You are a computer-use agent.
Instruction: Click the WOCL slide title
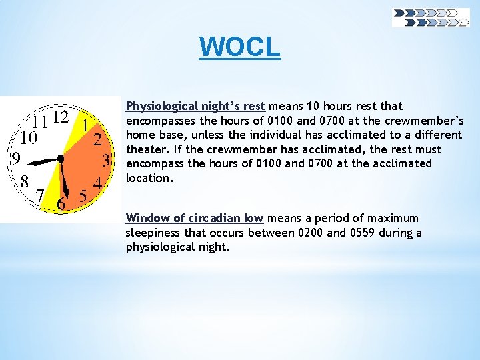click(240, 47)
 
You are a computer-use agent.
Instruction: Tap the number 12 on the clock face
click(61, 117)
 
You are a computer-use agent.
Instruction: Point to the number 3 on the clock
click(105, 161)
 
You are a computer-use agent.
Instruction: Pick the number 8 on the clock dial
click(24, 181)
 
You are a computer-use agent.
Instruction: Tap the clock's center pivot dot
click(61, 159)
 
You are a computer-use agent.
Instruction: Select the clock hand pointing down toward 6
click(63, 180)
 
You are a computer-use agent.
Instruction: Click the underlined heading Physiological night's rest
click(195, 106)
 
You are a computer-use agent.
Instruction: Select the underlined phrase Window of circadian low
click(195, 218)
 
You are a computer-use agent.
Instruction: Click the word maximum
click(394, 218)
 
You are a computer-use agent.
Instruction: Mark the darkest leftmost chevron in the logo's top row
click(400, 13)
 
